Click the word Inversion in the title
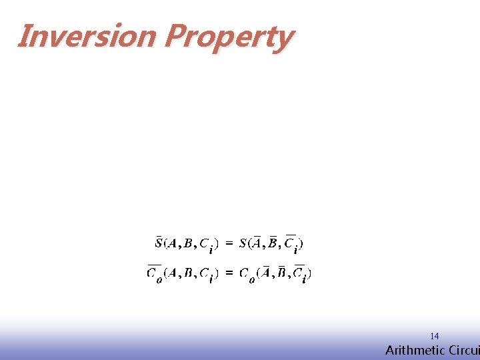(86, 37)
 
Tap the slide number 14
(434, 336)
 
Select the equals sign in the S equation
(229, 244)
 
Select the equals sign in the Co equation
(229, 272)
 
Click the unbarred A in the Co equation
(172, 272)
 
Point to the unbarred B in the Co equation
(188, 272)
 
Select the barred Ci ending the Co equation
(299, 273)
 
